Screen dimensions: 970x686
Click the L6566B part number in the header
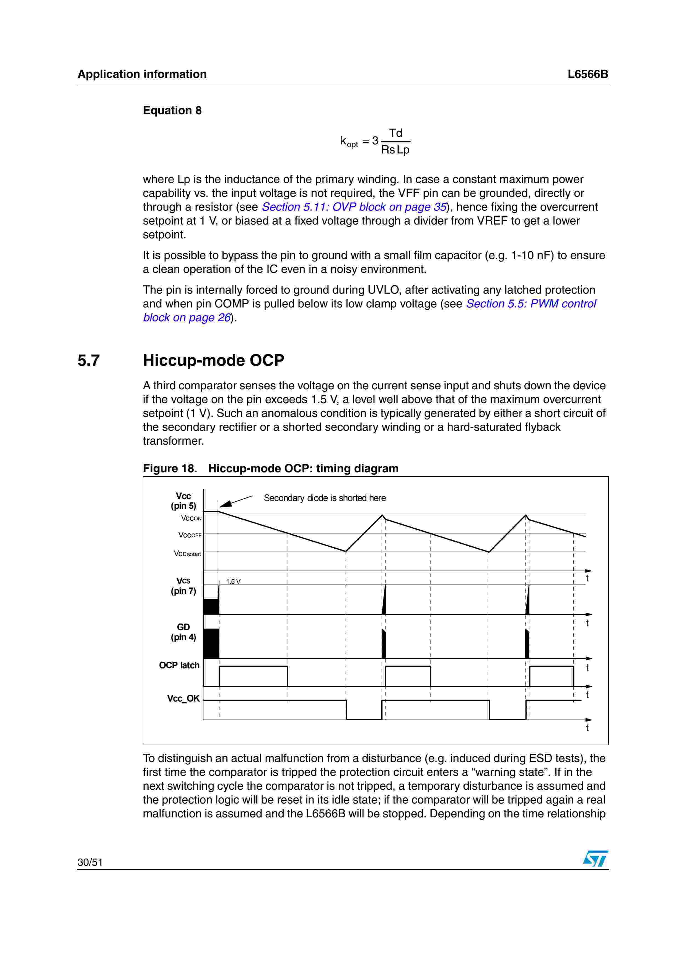(587, 74)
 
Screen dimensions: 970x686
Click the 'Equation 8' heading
(172, 110)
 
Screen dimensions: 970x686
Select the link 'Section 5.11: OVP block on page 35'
(354, 207)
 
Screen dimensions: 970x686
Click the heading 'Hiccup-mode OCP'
(213, 360)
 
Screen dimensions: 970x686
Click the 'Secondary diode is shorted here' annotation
(325, 498)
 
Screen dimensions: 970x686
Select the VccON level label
(191, 518)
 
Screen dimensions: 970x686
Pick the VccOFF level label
(190, 535)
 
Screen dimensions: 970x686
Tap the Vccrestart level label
(187, 554)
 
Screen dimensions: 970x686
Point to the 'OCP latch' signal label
(179, 665)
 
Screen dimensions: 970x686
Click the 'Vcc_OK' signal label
(183, 698)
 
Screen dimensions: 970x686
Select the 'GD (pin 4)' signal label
(183, 632)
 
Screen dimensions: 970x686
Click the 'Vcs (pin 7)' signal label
(183, 586)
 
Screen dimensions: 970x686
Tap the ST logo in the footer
(595, 859)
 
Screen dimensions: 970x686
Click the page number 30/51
(90, 862)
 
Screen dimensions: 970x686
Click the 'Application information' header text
(142, 74)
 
